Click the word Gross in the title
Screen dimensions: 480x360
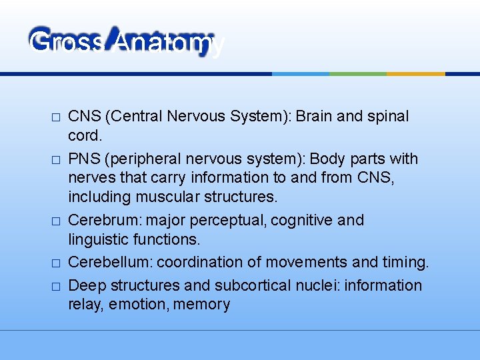(67, 43)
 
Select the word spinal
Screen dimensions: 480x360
(387, 116)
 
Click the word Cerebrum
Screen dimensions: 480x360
(101, 221)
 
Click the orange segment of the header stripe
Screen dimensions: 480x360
(415, 73)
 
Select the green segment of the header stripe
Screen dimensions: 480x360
(358, 73)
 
